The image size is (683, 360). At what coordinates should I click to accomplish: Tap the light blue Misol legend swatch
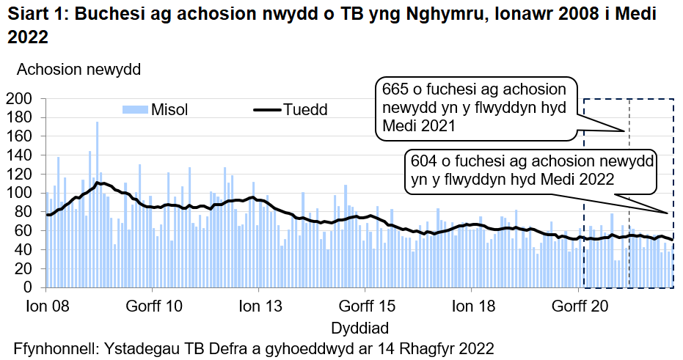[x=135, y=110]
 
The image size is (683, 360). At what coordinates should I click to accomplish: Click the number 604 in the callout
[x=426, y=161]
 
